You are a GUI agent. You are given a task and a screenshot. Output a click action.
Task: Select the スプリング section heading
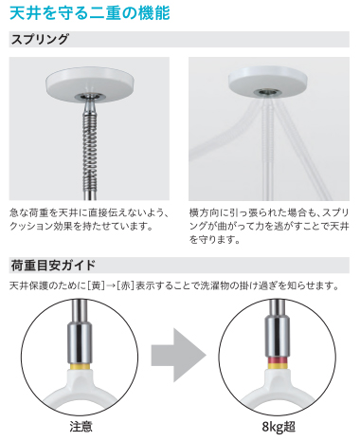tap(39, 40)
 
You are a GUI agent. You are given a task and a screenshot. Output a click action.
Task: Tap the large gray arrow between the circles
tap(177, 356)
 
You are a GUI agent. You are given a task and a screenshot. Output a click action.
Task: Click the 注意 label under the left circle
tap(81, 428)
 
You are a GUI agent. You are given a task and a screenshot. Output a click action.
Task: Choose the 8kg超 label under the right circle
tap(278, 428)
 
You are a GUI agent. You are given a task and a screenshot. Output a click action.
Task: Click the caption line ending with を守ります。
tap(217, 242)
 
